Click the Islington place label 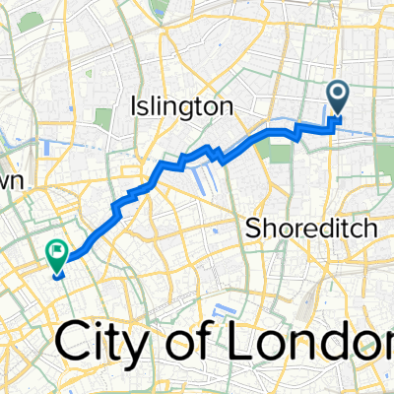point(182,105)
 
